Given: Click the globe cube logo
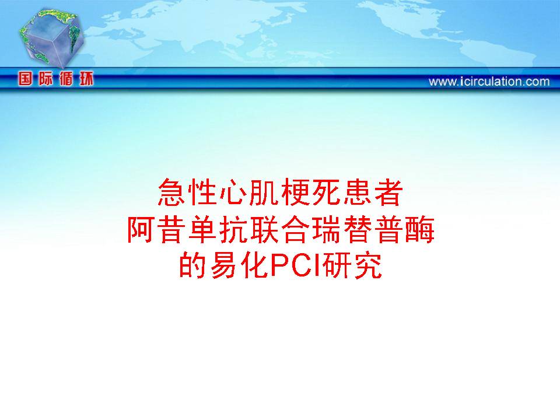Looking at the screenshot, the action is tap(52, 37).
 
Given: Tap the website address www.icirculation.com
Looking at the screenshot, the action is tap(489, 82).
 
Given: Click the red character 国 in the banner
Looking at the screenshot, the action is tap(24, 79).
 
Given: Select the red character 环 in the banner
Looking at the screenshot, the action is tap(86, 79).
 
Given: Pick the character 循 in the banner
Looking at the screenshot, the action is tap(66, 79).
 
